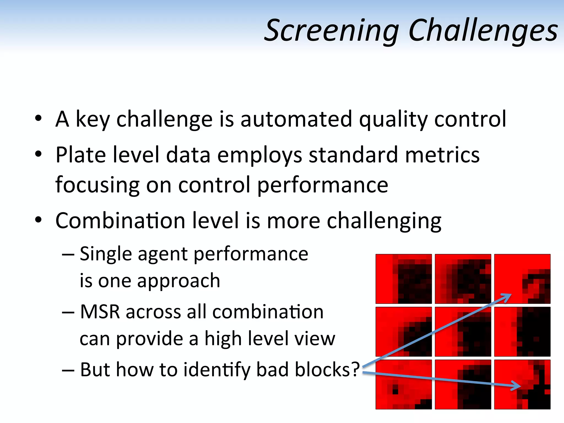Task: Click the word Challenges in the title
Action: tap(483, 30)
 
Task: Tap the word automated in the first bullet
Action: tap(296, 119)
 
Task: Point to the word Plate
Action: tap(80, 155)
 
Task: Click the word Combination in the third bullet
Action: tap(120, 221)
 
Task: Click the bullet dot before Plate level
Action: tap(38, 154)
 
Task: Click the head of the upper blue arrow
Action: tap(508, 296)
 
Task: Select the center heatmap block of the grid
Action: tap(463, 332)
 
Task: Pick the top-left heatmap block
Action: tap(404, 279)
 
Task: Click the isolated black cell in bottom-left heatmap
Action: tap(395, 391)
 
